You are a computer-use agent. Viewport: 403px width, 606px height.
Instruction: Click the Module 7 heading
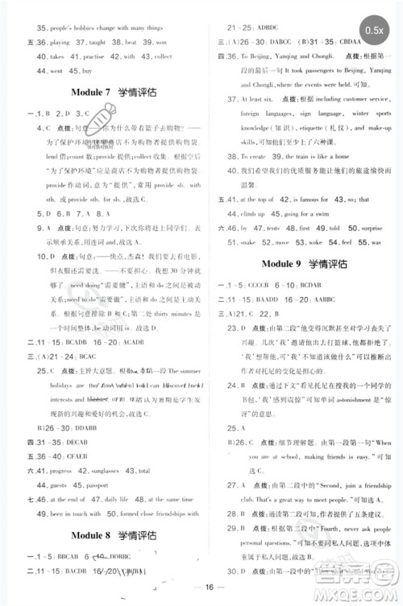[112, 93]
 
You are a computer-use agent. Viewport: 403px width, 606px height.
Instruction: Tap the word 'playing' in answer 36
[60, 41]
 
